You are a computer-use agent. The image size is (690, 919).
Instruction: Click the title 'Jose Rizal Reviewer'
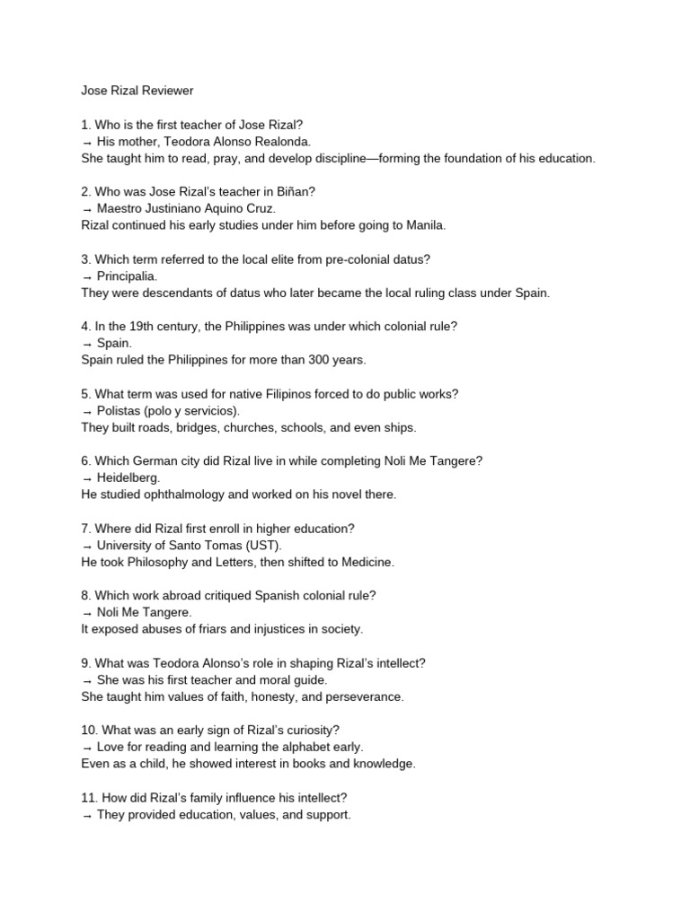(x=137, y=91)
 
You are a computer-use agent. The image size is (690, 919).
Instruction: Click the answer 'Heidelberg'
(x=128, y=477)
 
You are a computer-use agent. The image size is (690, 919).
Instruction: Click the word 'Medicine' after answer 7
(x=366, y=562)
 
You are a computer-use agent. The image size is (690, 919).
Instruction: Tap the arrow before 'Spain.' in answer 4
(x=87, y=343)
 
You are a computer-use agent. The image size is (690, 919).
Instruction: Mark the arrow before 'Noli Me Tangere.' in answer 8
(x=87, y=612)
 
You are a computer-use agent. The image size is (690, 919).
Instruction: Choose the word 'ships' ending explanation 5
(x=398, y=427)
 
